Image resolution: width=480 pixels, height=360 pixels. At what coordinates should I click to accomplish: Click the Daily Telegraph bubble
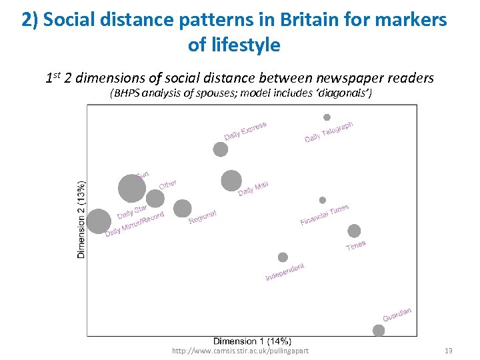[327, 117]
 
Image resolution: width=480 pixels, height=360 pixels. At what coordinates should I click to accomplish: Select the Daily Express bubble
[221, 149]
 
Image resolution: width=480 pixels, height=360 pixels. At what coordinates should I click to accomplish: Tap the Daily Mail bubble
[231, 181]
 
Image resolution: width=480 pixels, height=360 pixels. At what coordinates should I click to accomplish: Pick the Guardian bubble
[379, 331]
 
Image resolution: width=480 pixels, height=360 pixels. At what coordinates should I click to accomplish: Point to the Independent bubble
[283, 257]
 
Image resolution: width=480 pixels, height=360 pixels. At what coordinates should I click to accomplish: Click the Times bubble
[354, 231]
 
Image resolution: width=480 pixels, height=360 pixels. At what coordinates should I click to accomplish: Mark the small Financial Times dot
[323, 200]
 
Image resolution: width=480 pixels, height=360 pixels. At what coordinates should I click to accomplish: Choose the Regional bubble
[182, 209]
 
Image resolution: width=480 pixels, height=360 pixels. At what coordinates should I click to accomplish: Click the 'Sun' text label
[141, 175]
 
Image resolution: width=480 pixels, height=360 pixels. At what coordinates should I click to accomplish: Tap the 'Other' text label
[168, 183]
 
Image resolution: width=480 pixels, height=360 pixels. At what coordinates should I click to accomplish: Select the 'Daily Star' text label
[132, 212]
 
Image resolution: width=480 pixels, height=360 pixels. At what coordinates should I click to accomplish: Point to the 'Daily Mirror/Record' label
[134, 225]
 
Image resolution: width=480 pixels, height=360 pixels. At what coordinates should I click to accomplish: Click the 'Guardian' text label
[397, 314]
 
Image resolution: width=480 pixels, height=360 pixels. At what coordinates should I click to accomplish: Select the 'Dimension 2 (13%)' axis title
[81, 219]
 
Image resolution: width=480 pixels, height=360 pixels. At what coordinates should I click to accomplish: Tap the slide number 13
[448, 351]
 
